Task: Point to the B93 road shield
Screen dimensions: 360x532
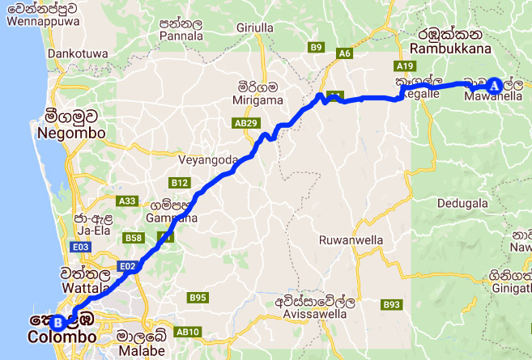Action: click(x=393, y=304)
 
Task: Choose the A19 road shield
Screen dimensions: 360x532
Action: click(x=406, y=65)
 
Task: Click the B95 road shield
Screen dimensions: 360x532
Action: click(x=198, y=298)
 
